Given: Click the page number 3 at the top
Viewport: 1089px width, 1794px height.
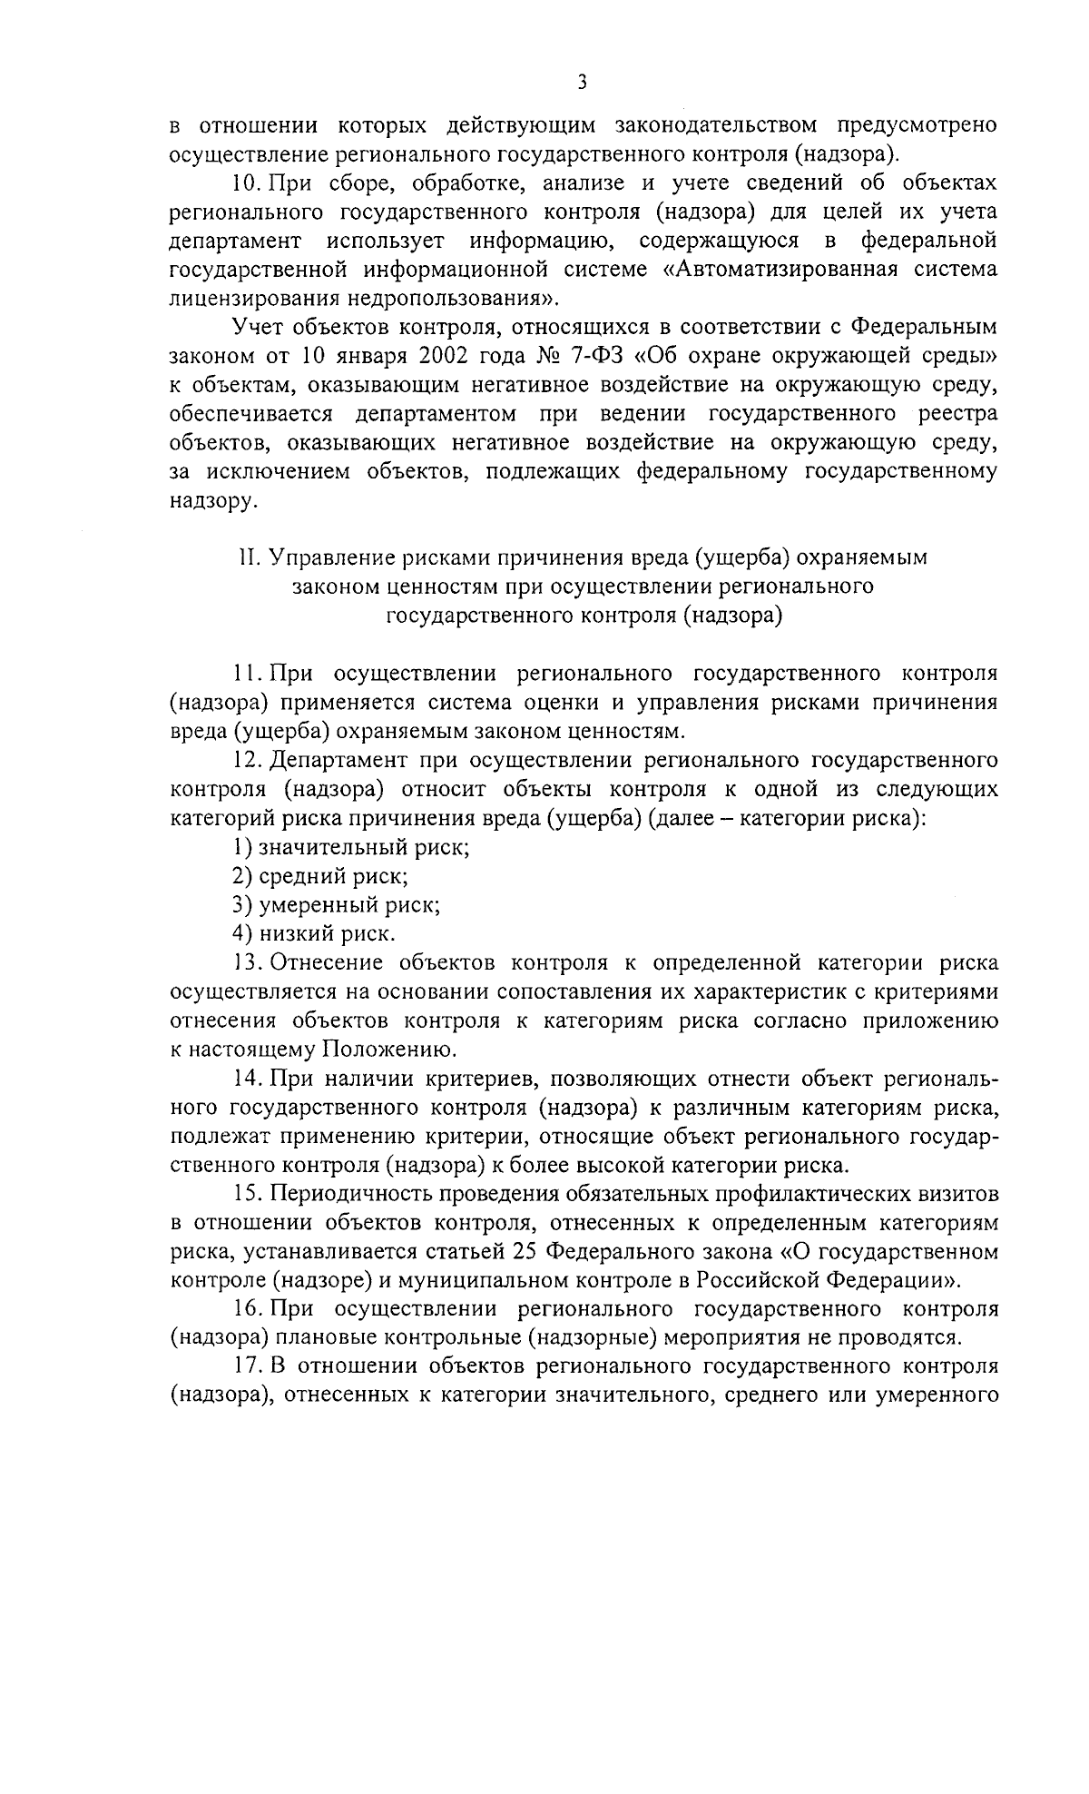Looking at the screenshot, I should tap(582, 83).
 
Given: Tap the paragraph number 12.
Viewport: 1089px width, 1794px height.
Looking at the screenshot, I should tap(247, 761).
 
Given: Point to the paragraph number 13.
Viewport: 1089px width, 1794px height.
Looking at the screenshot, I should tap(247, 963).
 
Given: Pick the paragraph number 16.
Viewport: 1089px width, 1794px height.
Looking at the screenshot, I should tap(247, 1310).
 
